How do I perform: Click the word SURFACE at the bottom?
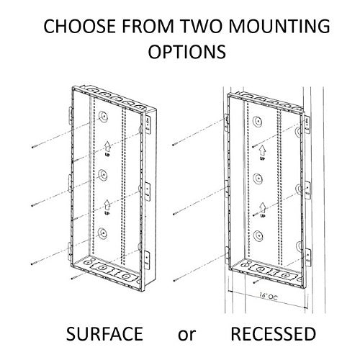tap(104, 334)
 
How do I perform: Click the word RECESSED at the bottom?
tap(273, 334)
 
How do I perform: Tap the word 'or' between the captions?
tap(186, 336)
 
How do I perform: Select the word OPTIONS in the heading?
tap(187, 52)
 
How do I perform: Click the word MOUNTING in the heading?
tap(279, 26)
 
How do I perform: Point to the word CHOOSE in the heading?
tap(80, 26)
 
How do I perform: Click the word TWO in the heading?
tap(201, 26)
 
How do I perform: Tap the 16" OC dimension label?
tap(269, 296)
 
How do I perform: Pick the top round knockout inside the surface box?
tap(103, 117)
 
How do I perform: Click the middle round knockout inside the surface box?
tap(103, 175)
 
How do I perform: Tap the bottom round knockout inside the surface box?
tap(102, 233)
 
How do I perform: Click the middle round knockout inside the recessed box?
tap(258, 179)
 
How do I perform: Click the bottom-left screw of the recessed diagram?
tap(176, 279)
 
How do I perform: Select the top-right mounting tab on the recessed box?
tap(308, 124)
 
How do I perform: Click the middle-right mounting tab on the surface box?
tap(148, 191)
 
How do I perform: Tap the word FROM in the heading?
tap(148, 26)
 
